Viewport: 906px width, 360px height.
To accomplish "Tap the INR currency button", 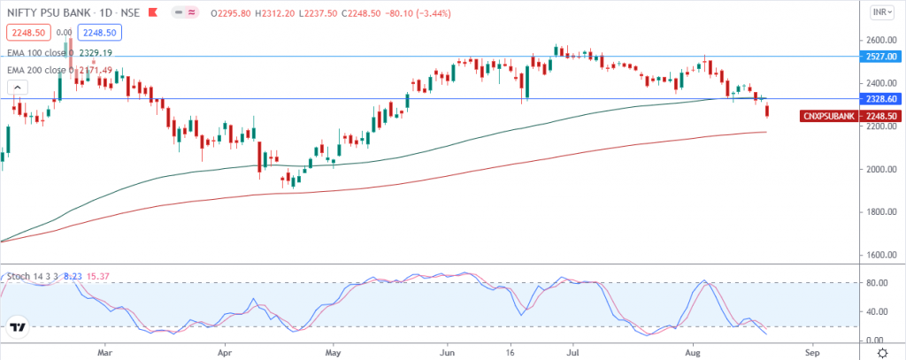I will pos(880,12).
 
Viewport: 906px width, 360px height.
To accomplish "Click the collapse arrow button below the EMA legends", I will pos(17,88).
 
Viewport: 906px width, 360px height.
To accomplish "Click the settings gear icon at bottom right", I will pos(881,351).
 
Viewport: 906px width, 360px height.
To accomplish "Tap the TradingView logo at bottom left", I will pos(17,329).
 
